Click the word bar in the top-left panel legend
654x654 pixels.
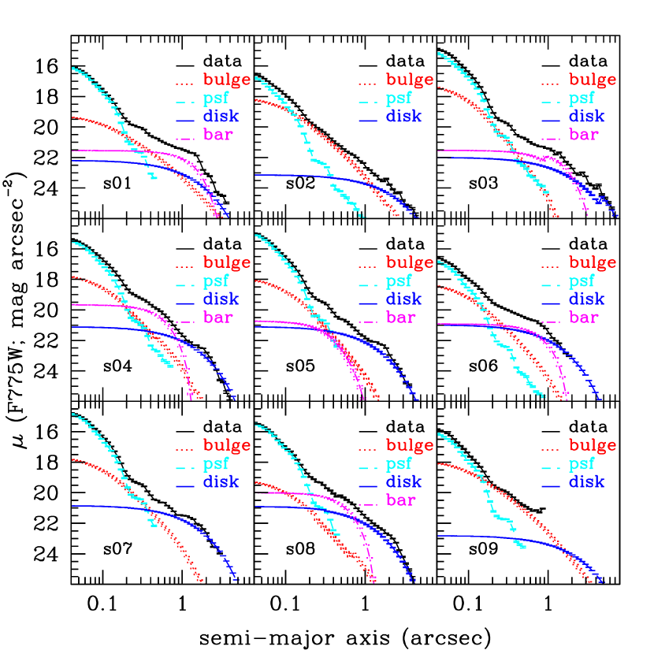tap(217, 135)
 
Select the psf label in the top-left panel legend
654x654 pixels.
tap(216, 99)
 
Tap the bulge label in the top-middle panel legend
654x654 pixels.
tap(409, 80)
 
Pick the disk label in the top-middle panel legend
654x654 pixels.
tap(403, 117)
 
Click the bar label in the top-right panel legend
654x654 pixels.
tap(583, 135)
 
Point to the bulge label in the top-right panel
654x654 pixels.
tap(592, 80)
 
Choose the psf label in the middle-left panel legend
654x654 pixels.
tap(216, 281)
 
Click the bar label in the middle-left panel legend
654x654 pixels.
tap(217, 318)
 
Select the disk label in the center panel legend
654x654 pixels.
tap(403, 299)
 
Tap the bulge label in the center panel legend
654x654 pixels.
tap(409, 262)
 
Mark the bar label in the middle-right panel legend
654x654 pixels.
tap(583, 318)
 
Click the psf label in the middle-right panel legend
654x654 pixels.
tap(582, 281)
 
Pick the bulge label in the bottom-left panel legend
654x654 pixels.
tap(227, 445)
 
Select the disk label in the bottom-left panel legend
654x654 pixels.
tap(221, 482)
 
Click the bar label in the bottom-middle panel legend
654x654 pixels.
tap(400, 500)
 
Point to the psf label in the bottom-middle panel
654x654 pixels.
tap(399, 464)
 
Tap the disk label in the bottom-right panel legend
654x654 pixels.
tap(586, 482)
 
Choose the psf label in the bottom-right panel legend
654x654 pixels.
tap(582, 464)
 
